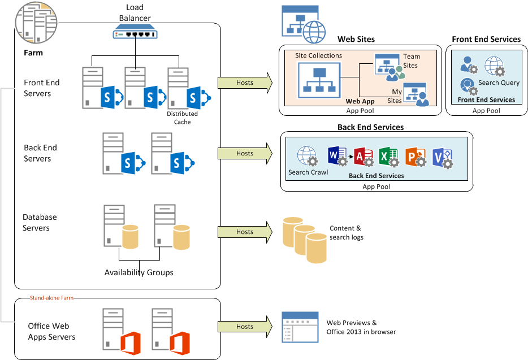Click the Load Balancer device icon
135,34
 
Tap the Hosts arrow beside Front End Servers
245,83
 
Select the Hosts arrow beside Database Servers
245,232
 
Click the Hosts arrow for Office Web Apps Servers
245,326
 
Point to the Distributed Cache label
182,118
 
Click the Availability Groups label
139,272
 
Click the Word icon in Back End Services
337,156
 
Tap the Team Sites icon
387,67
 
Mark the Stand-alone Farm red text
51,297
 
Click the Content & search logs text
346,233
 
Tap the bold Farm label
33,53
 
